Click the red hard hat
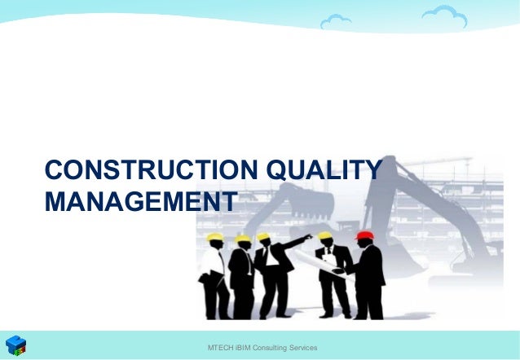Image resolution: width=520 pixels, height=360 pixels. coord(365,236)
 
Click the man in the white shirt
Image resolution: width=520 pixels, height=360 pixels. coord(213,273)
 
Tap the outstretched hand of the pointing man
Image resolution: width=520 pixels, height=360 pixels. coord(307,237)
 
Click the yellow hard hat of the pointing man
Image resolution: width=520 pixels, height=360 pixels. coord(263,237)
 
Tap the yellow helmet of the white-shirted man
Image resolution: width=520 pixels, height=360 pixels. coord(214,237)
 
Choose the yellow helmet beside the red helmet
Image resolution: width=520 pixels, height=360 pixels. coord(324,236)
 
